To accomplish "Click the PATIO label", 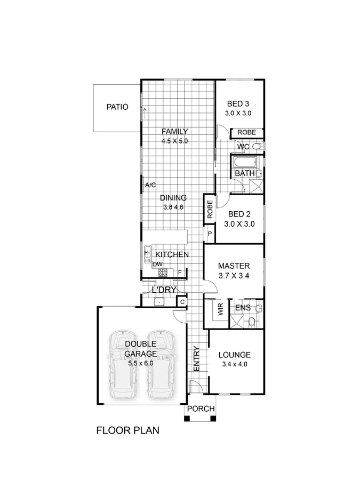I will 117,107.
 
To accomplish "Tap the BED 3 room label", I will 238,103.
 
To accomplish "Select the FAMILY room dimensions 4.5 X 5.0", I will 175,141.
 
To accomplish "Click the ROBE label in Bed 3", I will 246,132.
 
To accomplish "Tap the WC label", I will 243,147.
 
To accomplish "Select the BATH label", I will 244,174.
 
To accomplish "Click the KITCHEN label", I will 171,255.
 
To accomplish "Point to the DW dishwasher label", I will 157,265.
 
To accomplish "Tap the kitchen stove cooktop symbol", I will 163,273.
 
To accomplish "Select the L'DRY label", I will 164,290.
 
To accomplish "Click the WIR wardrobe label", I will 220,310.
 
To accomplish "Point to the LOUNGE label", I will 235,355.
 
